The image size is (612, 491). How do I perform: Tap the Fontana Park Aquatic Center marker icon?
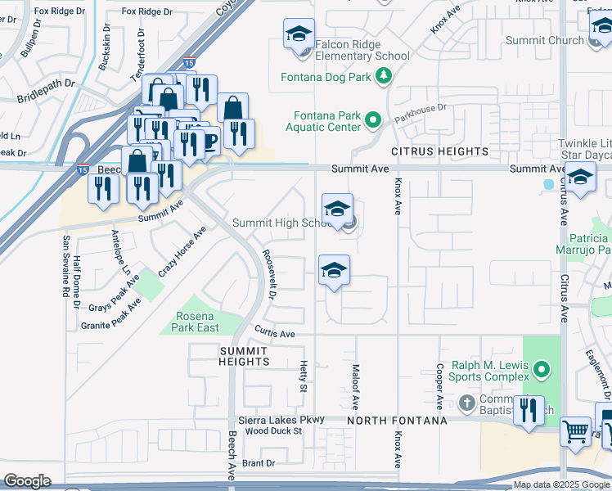click(x=373, y=121)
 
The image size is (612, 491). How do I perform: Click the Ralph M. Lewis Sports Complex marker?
click(x=541, y=371)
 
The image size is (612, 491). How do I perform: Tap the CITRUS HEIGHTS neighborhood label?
click(x=439, y=151)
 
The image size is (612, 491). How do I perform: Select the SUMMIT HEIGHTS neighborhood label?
click(x=244, y=356)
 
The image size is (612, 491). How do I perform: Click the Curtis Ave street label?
click(x=274, y=334)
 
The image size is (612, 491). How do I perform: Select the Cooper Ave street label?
click(x=440, y=386)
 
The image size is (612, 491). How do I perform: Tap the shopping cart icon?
click(x=575, y=430)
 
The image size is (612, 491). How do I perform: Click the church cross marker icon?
click(x=466, y=403)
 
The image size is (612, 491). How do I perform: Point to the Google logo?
click(x=27, y=481)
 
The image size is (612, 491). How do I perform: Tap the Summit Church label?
click(x=544, y=40)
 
